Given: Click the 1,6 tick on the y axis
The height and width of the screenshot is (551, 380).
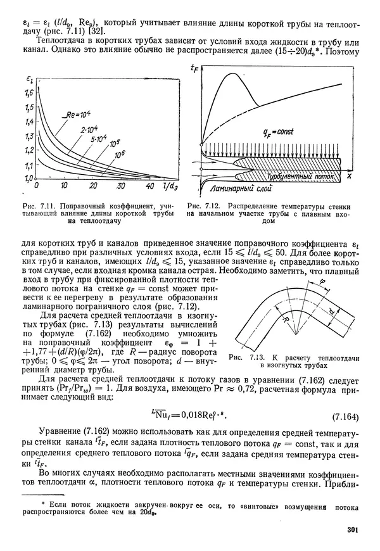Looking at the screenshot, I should point(28,93).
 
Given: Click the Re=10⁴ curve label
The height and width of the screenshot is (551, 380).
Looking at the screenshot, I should point(80,115).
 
